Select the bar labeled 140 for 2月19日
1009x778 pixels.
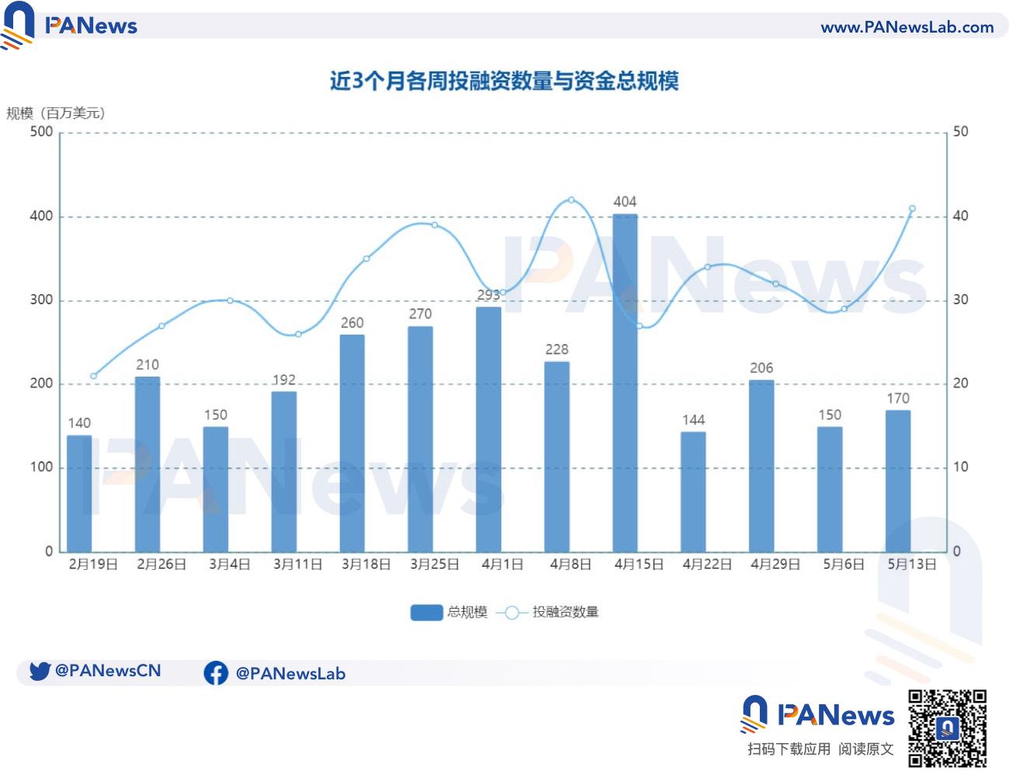[x=79, y=494]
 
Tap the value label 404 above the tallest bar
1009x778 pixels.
[x=625, y=202]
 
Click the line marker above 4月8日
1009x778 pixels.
[x=571, y=200]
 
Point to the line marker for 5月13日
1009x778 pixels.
[x=912, y=209]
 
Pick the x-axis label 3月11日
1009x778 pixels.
[x=297, y=564]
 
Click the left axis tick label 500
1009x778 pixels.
[x=41, y=132]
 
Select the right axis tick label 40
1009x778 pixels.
[x=960, y=216]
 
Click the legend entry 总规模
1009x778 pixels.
[x=449, y=613]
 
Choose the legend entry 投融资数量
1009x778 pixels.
[x=551, y=613]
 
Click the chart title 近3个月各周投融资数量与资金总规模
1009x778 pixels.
[x=504, y=81]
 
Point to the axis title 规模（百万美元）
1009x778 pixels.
[x=56, y=113]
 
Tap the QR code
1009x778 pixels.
[x=947, y=728]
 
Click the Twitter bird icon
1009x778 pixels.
[x=40, y=671]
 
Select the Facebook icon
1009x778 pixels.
[x=216, y=673]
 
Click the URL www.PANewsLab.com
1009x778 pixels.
[x=907, y=27]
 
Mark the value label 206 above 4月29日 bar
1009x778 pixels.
[x=761, y=368]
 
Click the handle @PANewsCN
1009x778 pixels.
[x=108, y=671]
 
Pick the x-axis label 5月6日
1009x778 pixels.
[x=844, y=564]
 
